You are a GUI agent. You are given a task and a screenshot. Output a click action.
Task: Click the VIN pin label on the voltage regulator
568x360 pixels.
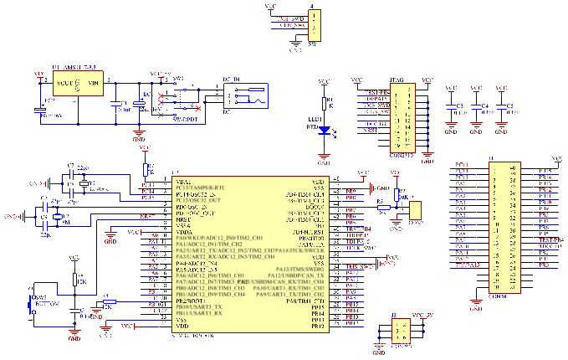coord(93,83)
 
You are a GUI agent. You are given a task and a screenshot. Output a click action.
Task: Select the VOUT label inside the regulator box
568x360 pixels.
coord(64,83)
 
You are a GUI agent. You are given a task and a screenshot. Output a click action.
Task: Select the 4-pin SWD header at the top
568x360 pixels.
coord(314,24)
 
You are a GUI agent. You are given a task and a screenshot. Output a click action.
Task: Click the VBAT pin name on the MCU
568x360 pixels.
coord(182,182)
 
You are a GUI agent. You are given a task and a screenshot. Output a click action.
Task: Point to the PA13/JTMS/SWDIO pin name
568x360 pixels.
coord(297,269)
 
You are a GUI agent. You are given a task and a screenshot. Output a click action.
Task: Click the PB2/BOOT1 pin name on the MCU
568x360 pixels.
coord(190,301)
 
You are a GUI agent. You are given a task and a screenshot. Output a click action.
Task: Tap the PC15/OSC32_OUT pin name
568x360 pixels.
coord(197,201)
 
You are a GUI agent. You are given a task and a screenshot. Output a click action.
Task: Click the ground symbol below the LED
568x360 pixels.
coord(324,152)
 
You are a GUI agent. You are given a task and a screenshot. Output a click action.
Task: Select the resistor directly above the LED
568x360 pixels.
coord(324,103)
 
